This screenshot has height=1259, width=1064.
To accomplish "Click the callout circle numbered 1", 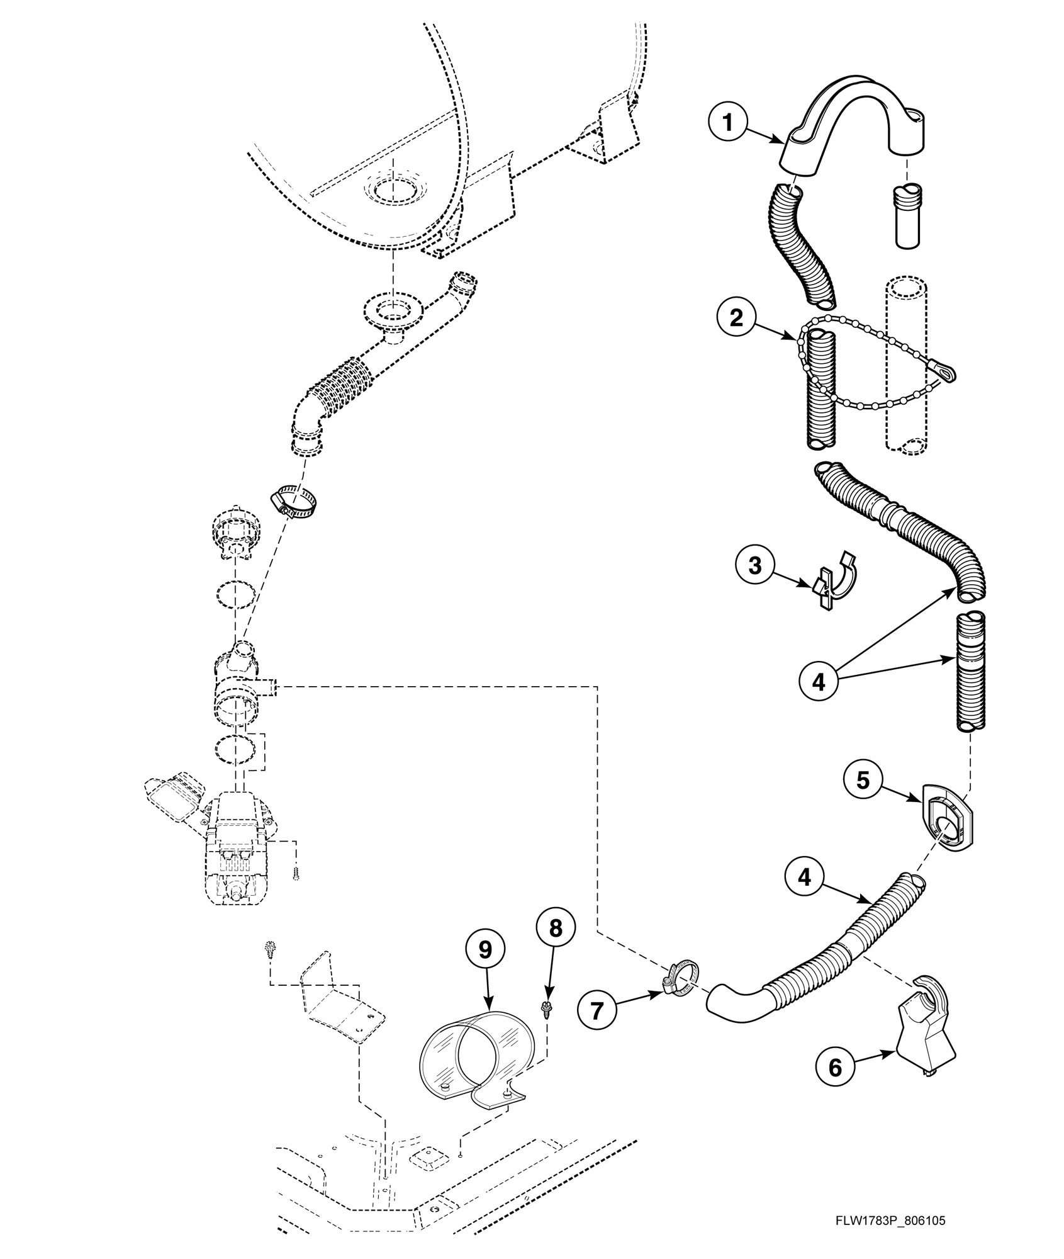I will coord(729,123).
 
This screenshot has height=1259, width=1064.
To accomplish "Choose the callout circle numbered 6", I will coord(836,1067).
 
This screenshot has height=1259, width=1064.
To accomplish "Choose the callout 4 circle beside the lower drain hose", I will coord(806,877).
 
